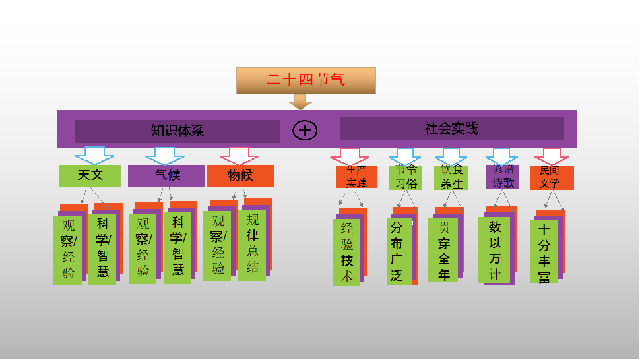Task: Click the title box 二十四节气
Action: pos(306,80)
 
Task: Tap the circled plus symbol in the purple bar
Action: pos(305,130)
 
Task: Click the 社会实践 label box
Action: pos(451,129)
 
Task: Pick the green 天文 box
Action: pos(90,175)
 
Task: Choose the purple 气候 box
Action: pos(166,176)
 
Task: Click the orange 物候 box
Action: pos(240,176)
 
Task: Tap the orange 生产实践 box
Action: pos(356,177)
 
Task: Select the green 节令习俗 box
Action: pos(405,177)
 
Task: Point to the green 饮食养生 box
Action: pos(451,177)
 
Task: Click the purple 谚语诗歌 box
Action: pos(503,177)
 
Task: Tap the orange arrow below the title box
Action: pos(300,102)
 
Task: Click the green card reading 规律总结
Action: pos(252,244)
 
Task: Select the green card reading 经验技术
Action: pos(346,252)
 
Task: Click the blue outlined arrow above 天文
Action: pos(94,155)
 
